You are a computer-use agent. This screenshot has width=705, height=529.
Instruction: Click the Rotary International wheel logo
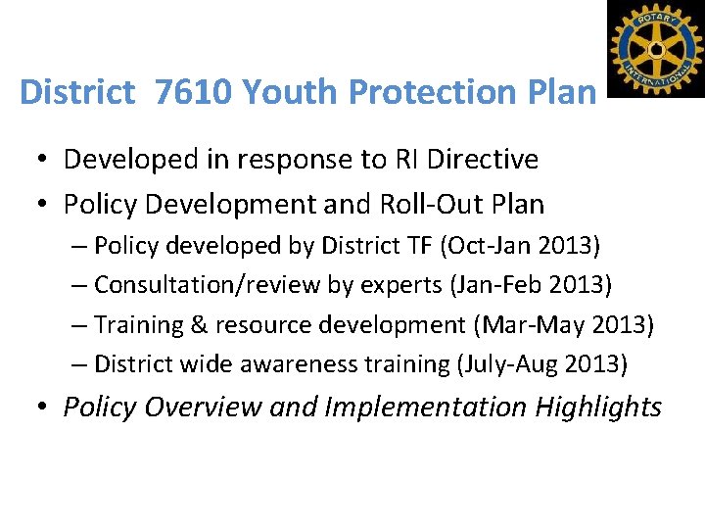tap(656, 47)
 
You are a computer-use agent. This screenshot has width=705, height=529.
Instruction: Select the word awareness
tap(298, 363)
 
